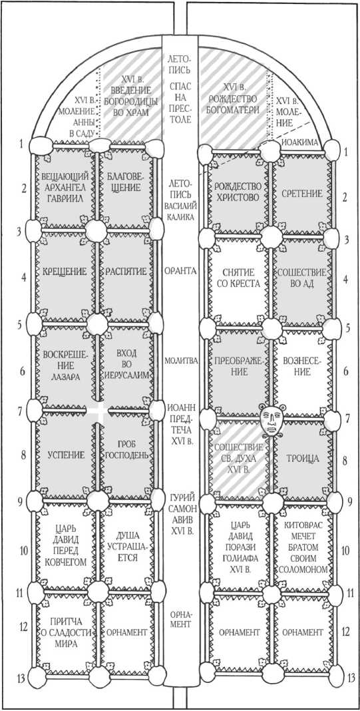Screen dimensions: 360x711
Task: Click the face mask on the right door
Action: pyautogui.click(x=271, y=420)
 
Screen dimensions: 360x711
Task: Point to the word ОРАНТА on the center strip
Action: pyautogui.click(x=180, y=271)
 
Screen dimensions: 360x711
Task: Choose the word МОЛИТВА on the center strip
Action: pyautogui.click(x=180, y=361)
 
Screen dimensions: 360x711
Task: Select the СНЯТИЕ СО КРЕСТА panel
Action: pyautogui.click(x=240, y=278)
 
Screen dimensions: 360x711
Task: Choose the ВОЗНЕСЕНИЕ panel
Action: pyautogui.click(x=301, y=367)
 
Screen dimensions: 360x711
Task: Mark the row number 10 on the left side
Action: pyautogui.click(x=23, y=551)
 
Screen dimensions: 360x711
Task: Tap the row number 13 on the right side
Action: pyautogui.click(x=350, y=678)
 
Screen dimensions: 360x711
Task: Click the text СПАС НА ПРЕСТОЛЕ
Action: pyautogui.click(x=180, y=103)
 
